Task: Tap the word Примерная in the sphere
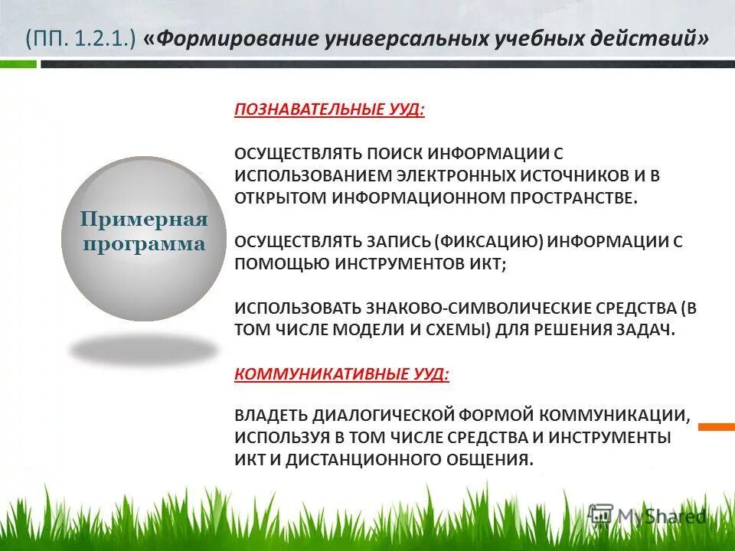coord(145,220)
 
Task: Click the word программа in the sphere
coord(145,245)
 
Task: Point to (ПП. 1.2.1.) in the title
coord(80,39)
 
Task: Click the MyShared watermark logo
coord(646,515)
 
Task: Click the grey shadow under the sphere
coord(144,350)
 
